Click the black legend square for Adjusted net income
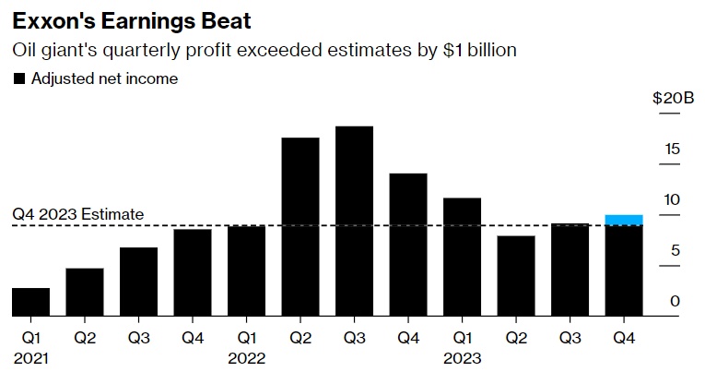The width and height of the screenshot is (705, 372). click(18, 79)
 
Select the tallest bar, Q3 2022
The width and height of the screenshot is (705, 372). click(354, 222)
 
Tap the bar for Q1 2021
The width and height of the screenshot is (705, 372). click(30, 302)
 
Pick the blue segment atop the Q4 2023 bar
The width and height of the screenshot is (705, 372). click(624, 220)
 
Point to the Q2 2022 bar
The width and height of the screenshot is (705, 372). click(300, 227)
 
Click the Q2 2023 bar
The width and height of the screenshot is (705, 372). click(516, 276)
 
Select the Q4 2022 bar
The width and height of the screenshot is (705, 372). click(408, 245)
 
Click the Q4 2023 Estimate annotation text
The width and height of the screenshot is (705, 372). click(78, 214)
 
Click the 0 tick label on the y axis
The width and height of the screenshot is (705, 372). click(675, 302)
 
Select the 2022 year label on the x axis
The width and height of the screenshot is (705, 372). click(246, 357)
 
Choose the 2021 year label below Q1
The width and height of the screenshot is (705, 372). click(30, 357)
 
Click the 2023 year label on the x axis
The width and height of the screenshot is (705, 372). click(462, 357)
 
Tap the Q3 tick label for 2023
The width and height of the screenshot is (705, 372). click(570, 338)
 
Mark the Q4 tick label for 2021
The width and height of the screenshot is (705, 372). click(192, 338)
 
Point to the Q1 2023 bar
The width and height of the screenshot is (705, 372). click(462, 257)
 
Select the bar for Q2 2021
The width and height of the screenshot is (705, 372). click(84, 292)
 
